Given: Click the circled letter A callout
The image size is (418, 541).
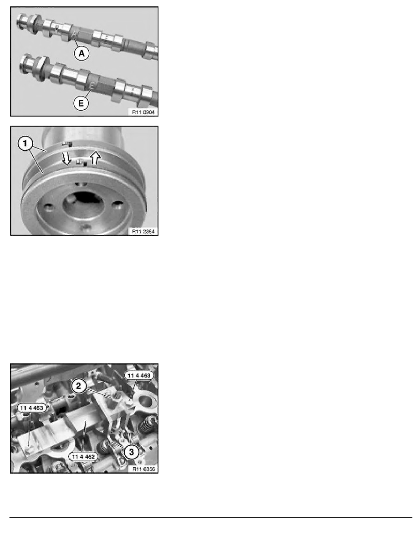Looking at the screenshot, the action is (82, 53).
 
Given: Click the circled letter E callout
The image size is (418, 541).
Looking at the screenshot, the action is (81, 103).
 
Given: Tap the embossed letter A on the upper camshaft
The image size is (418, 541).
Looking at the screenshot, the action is (76, 33).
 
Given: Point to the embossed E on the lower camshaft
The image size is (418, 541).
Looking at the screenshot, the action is (92, 85).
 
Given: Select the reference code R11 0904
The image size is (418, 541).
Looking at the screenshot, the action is (143, 112).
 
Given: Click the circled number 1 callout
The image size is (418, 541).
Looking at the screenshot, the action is (25, 143).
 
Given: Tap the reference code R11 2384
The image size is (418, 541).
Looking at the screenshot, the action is (143, 231).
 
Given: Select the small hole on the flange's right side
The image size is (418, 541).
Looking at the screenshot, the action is (117, 206).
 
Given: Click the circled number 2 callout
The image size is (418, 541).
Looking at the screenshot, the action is (79, 386).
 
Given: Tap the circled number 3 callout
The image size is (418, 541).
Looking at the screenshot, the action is (132, 452).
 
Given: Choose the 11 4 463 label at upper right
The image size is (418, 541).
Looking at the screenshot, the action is (139, 375).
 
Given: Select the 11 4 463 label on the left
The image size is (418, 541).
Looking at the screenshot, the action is (32, 408).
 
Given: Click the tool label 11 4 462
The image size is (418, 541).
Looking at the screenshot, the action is (83, 456).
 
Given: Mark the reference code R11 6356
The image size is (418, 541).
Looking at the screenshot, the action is (143, 469).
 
